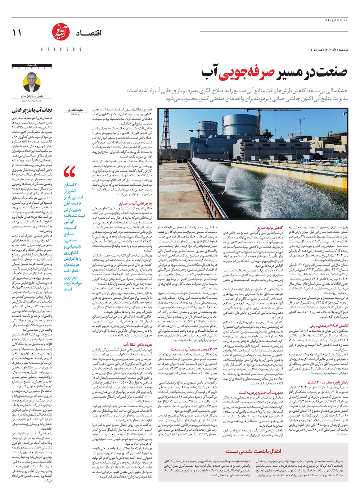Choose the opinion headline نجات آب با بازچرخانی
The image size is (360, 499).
32,110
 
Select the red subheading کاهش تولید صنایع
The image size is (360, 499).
270,228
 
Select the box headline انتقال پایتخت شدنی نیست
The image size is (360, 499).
253,451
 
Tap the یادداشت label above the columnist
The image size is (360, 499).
32,65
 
